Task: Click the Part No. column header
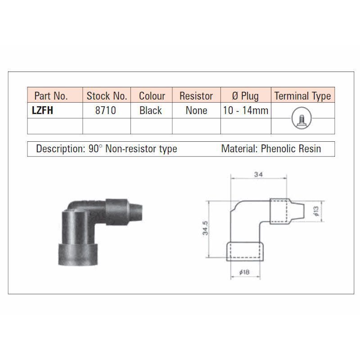click(51, 96)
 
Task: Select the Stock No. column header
click(107, 96)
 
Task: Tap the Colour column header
click(152, 96)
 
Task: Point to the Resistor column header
click(196, 96)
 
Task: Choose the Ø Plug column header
click(245, 96)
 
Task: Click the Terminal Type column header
click(302, 96)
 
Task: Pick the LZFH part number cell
click(42, 110)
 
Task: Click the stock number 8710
click(106, 110)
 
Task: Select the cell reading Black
click(151, 110)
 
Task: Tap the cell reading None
click(196, 110)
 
